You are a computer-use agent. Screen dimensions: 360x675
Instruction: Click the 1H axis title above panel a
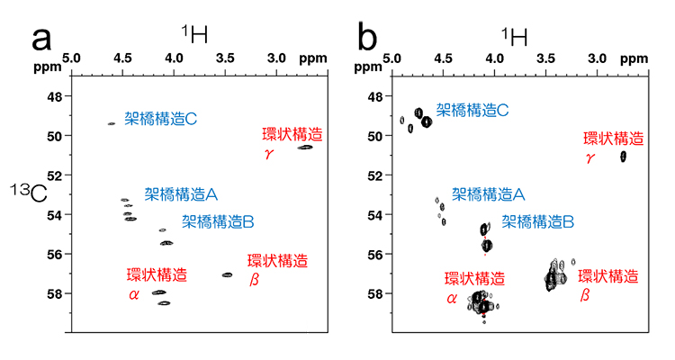[x=194, y=35]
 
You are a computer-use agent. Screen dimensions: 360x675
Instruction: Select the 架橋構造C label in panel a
[x=161, y=117]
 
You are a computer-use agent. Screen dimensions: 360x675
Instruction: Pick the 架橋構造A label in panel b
[x=489, y=193]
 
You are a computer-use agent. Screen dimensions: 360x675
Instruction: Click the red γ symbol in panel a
[x=268, y=153]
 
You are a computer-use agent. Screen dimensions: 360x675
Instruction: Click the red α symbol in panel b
[x=452, y=297]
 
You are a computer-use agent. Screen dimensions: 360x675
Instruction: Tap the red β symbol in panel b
[x=584, y=294]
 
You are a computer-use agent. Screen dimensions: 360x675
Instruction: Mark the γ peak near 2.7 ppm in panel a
[x=305, y=147]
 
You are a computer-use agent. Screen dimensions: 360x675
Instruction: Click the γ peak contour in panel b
[x=623, y=156]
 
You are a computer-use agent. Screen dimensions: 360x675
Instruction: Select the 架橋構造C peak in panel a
[x=111, y=123]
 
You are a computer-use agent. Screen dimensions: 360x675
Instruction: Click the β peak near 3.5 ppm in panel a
[x=227, y=274]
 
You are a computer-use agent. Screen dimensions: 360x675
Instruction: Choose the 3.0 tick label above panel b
[x=596, y=58]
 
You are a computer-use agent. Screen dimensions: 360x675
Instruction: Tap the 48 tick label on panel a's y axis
[x=54, y=96]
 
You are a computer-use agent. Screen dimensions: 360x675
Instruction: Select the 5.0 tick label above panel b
[x=391, y=58]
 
